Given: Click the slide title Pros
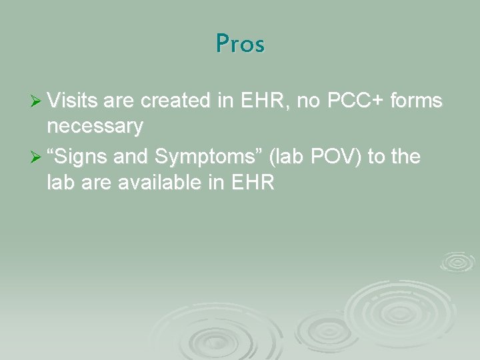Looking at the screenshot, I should click(x=240, y=43).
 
